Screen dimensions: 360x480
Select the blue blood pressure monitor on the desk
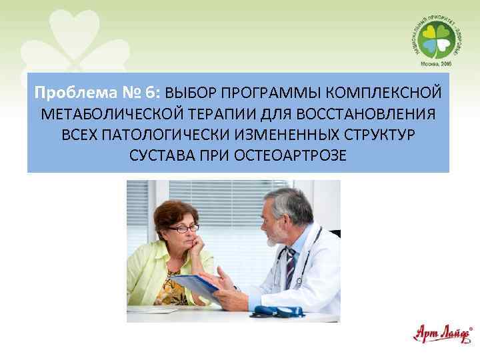[274, 311]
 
